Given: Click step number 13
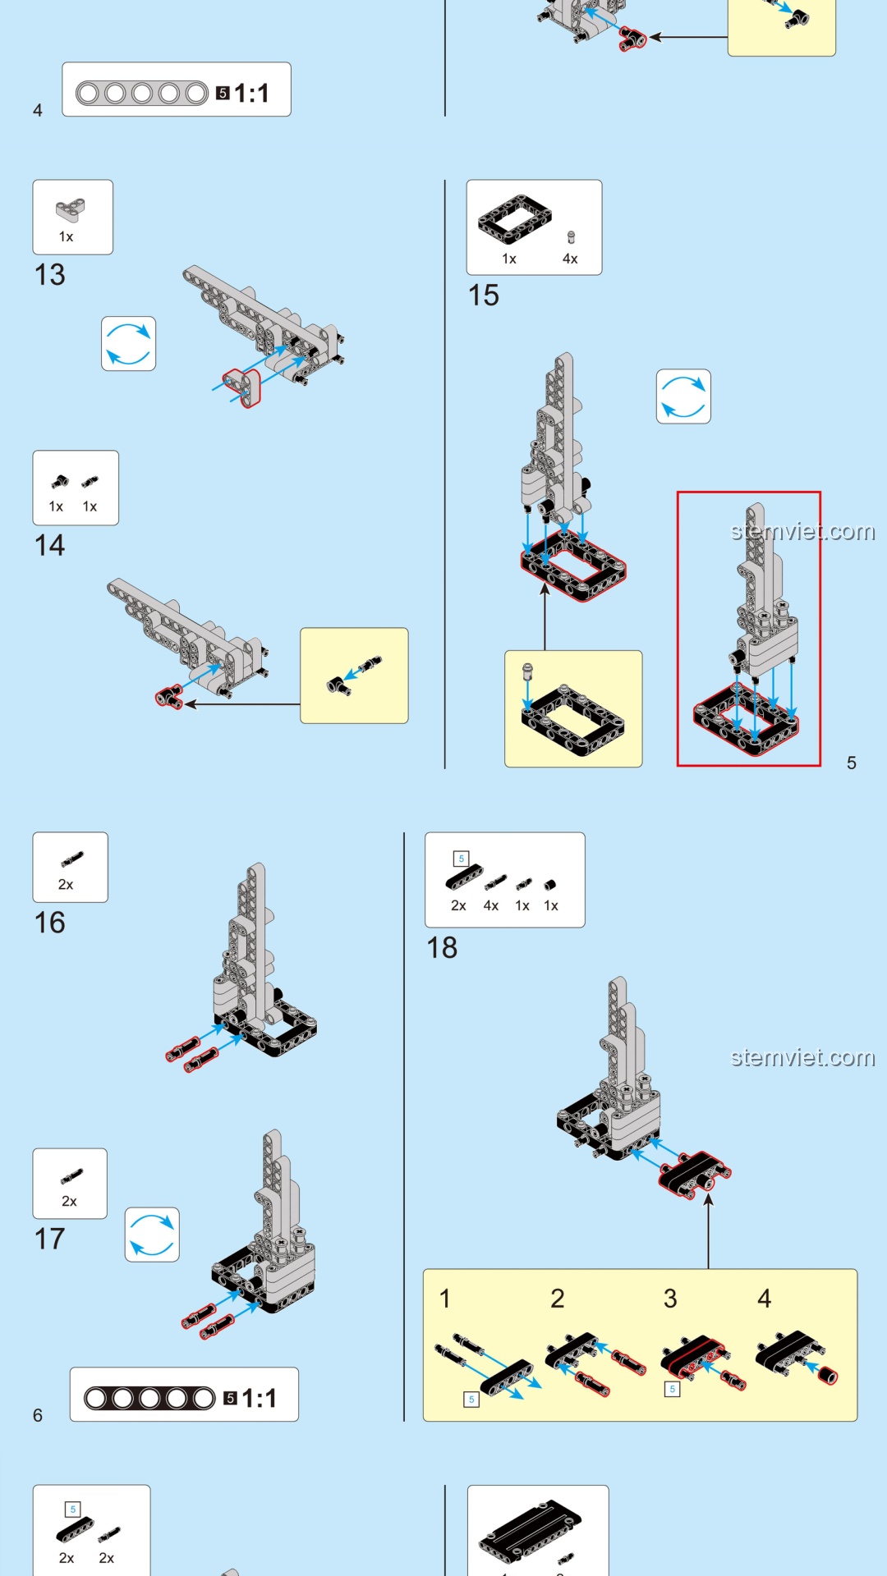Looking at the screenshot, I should pos(49,275).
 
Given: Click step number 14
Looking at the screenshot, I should pos(49,546).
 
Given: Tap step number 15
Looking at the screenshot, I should pos(483,295).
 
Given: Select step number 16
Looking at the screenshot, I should pos(49,923).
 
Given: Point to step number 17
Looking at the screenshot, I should pos(49,1239).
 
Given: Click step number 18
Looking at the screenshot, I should pos(442,948).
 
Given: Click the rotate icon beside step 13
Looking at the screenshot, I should pos(129,344).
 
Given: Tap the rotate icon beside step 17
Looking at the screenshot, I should pos(152,1235).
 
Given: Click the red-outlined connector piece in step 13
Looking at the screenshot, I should pos(243,387).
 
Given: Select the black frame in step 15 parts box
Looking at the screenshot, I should pos(514,220).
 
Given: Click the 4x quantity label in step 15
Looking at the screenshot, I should pos(570,259).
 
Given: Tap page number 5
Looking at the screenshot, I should pos(852,763).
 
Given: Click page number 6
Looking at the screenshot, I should pos(38,1416).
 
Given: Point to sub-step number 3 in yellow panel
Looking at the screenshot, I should pos(670,1299).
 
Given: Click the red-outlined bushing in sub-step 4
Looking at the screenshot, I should pos(828,1376).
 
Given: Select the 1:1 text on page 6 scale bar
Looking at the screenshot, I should pos(259,1399).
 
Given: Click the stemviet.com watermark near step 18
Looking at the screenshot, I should pos(802,1057).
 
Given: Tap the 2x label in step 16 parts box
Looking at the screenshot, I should pos(66,885).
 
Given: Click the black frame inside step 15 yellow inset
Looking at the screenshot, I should pos(573,720).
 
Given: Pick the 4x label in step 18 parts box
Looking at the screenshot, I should pos(491,906).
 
